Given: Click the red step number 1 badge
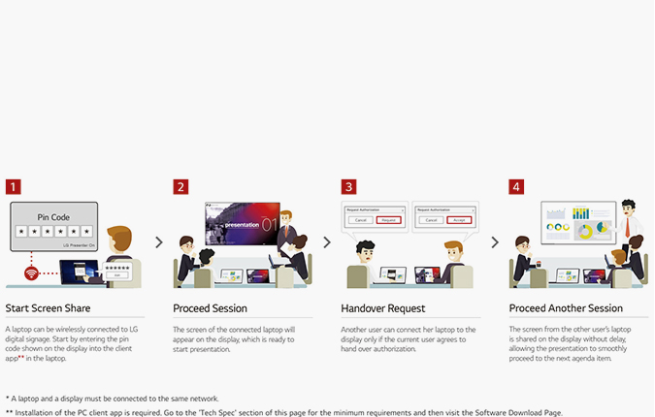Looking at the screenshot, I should tap(13, 186).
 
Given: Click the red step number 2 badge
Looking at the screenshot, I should tap(180, 186).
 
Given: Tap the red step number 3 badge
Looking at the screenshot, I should tap(348, 186).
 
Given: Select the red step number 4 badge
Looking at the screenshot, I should tap(516, 186).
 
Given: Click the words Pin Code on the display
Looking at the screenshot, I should tap(54, 216).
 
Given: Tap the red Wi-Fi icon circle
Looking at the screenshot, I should tap(31, 274).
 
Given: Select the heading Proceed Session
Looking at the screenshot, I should tap(210, 308).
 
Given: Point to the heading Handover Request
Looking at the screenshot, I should tap(383, 308).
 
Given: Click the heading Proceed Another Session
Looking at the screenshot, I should tap(564, 308).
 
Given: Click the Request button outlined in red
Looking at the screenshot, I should tap(389, 220).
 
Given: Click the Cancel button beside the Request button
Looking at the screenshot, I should tap(360, 220).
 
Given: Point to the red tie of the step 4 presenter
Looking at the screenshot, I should tap(630, 225).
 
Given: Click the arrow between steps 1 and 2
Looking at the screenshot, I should tap(159, 242).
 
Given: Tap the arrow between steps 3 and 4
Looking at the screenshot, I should tap(495, 242).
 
